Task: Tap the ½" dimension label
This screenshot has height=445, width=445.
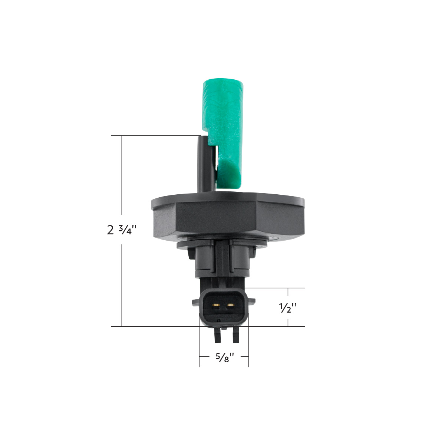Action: click(x=288, y=307)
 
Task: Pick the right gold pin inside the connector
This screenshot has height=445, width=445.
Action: click(x=231, y=306)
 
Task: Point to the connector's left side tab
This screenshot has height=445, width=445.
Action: click(x=195, y=303)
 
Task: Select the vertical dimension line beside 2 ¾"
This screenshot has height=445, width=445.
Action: click(x=122, y=185)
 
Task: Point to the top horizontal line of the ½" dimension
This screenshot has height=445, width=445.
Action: click(x=276, y=288)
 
